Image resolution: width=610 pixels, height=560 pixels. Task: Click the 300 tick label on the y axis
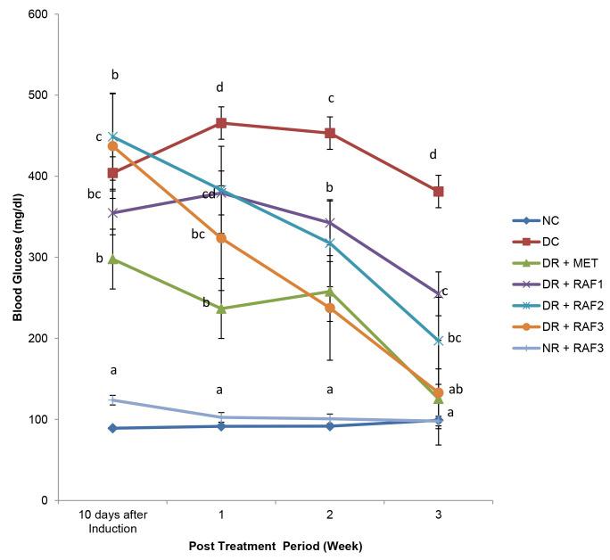(39, 257)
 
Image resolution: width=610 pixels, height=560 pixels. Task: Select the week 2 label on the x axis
(330, 515)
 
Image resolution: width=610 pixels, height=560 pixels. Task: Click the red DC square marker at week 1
(221, 123)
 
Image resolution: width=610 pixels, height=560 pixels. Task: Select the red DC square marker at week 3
(439, 192)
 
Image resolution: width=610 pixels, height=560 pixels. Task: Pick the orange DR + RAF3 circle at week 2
(330, 308)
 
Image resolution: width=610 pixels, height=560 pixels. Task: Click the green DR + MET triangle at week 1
(221, 309)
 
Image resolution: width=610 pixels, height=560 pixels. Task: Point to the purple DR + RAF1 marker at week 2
(330, 223)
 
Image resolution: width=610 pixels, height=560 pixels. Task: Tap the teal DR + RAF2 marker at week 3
(439, 341)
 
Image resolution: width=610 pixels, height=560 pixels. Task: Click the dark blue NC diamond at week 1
(221, 426)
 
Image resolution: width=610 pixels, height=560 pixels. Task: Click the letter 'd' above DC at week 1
(221, 87)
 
